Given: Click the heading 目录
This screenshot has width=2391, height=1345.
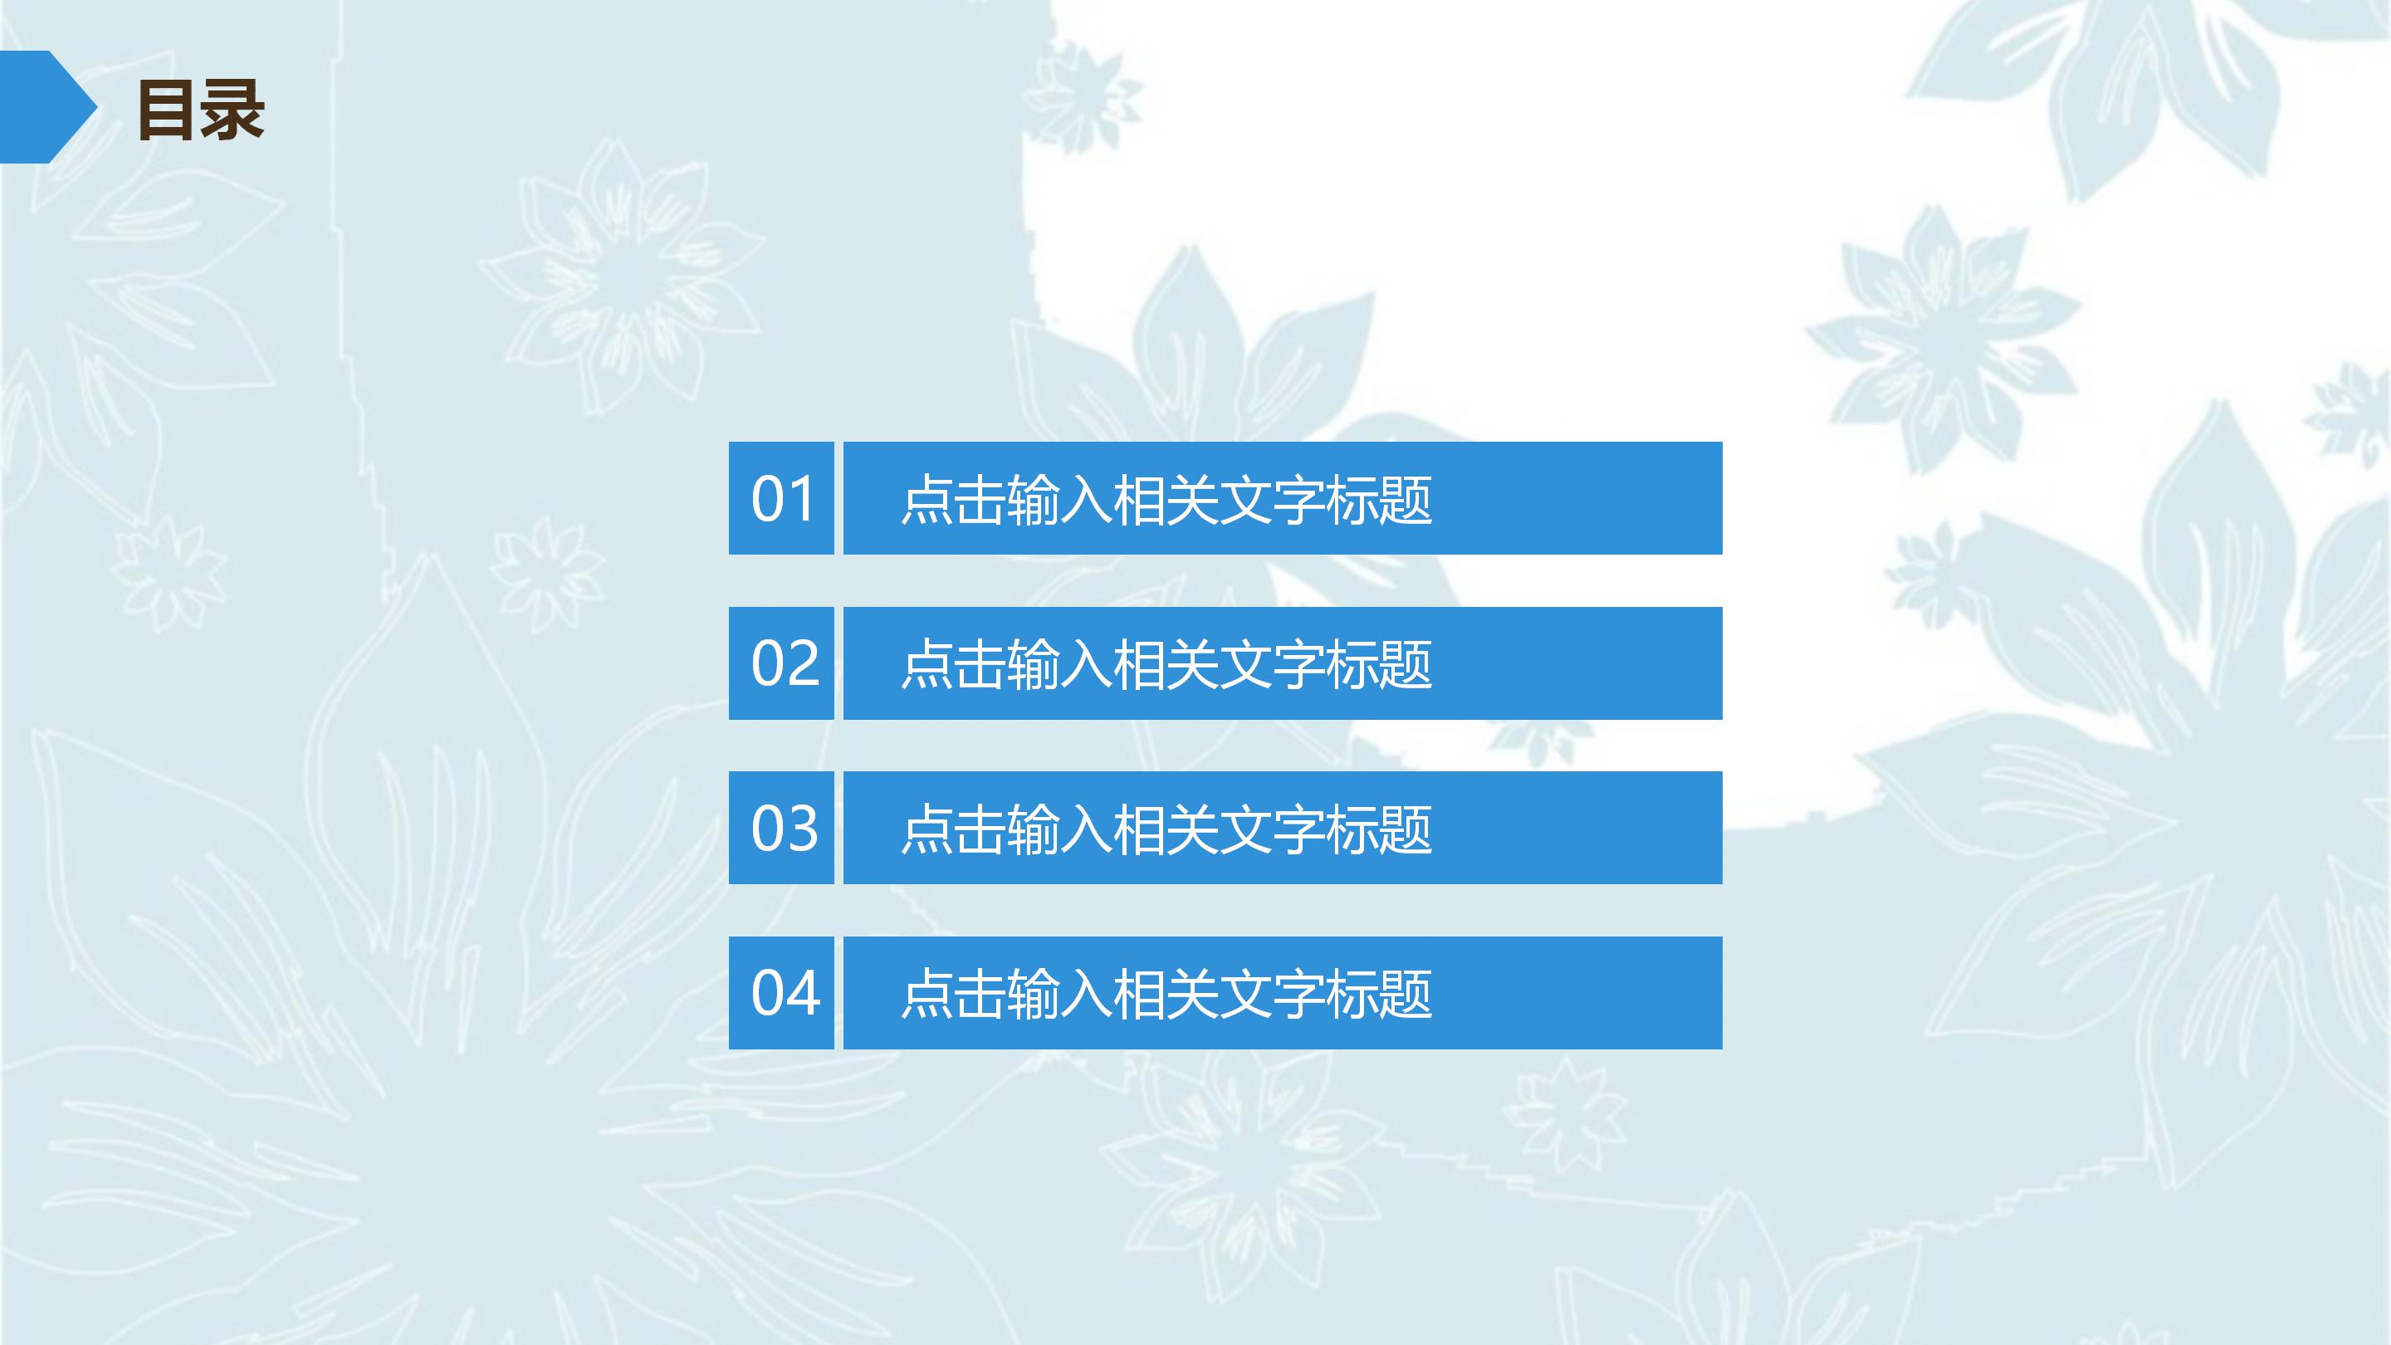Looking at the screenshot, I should (200, 110).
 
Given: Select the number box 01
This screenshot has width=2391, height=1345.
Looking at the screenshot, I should (781, 498).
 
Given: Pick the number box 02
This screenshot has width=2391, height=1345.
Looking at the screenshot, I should (781, 663).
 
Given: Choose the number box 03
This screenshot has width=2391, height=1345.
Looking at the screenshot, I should (781, 828).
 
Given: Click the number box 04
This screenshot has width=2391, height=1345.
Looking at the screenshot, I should (781, 992).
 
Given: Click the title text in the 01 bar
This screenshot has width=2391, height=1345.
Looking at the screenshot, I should (1166, 501).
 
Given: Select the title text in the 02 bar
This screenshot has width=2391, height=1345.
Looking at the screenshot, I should (1166, 664).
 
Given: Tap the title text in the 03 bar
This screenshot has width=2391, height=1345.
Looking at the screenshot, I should (1166, 829).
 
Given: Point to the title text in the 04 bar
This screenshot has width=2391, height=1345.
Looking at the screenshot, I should (1166, 994).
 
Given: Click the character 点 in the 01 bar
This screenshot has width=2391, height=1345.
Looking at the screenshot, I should (927, 501).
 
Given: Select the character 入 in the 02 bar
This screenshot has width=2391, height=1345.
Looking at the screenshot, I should (1086, 664).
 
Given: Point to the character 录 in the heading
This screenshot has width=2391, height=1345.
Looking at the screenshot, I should (233, 110).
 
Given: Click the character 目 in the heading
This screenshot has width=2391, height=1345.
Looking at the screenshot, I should (168, 110).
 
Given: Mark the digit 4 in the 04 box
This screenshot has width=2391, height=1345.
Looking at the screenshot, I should (802, 992).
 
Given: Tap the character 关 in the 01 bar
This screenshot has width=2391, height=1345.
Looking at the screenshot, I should (1192, 501).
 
